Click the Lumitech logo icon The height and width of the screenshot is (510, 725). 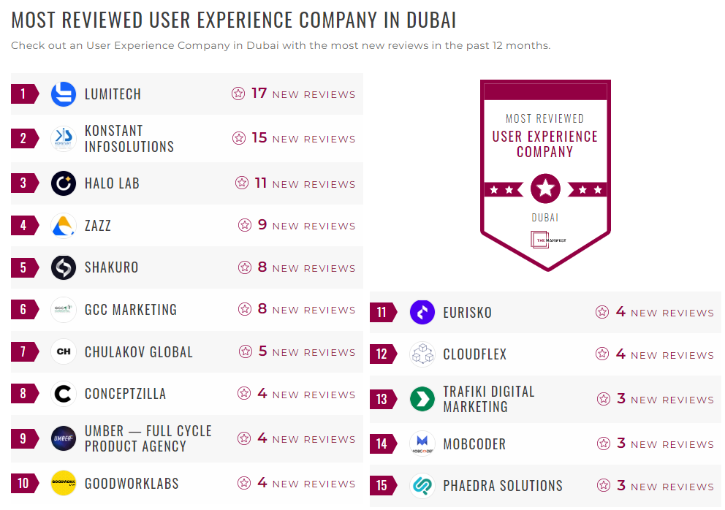[x=64, y=94]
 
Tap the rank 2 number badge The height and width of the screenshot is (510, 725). [x=23, y=138]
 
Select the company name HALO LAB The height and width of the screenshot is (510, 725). [x=112, y=183]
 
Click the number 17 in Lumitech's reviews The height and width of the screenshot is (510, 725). [x=259, y=94]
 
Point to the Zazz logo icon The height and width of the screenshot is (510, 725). [x=64, y=225]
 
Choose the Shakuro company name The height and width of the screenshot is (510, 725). [x=111, y=267]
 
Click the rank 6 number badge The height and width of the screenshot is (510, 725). [x=23, y=310]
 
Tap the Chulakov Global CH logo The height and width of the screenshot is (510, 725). [x=64, y=352]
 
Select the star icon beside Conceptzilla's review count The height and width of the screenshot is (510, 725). [x=244, y=394]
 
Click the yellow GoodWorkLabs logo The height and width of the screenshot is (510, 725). [x=64, y=483]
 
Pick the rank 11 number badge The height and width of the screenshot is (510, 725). [x=382, y=313]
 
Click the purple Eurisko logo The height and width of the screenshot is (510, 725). [x=422, y=313]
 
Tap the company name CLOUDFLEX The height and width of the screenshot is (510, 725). [x=474, y=355]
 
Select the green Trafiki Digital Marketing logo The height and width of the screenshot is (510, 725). [x=422, y=399]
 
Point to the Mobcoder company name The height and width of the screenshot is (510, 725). [x=474, y=444]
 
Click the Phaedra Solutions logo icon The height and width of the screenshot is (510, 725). [x=422, y=486]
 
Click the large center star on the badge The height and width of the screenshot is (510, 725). [x=545, y=189]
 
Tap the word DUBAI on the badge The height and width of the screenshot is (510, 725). [x=545, y=218]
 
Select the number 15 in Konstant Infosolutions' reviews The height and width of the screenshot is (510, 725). [x=259, y=138]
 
